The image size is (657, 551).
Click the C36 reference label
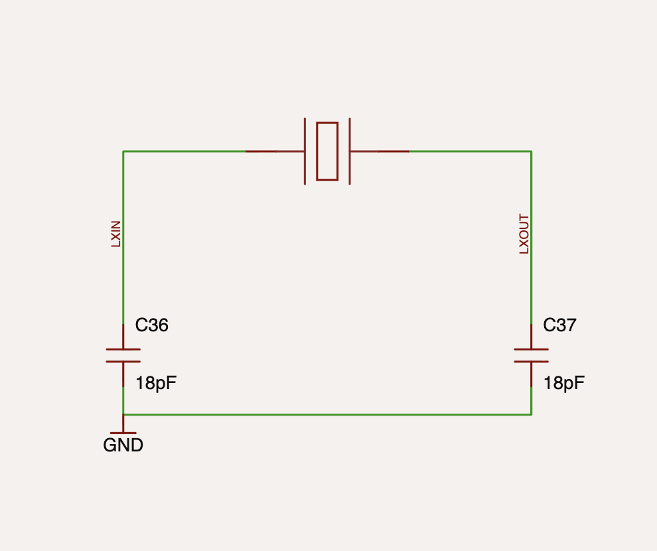point(152,325)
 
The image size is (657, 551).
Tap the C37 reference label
point(560,325)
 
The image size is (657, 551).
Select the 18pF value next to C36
point(156,384)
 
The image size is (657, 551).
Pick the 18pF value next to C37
point(564,384)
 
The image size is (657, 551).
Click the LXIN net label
point(115,234)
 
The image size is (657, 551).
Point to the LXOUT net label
point(524,234)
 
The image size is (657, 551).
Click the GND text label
point(123,445)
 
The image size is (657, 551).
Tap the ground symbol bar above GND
point(123,433)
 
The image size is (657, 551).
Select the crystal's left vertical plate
point(305,151)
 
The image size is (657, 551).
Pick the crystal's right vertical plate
point(350,151)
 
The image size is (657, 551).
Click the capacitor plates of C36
point(123,355)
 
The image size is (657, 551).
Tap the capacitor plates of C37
point(532,355)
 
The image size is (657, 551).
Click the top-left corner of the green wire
point(123,151)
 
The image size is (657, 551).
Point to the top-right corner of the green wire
point(532,151)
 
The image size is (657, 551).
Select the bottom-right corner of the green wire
point(532,415)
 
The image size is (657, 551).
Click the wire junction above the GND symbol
point(123,415)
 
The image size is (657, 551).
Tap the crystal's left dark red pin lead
point(275,151)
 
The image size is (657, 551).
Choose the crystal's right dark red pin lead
point(380,151)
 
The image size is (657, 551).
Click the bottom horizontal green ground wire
point(327,415)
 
